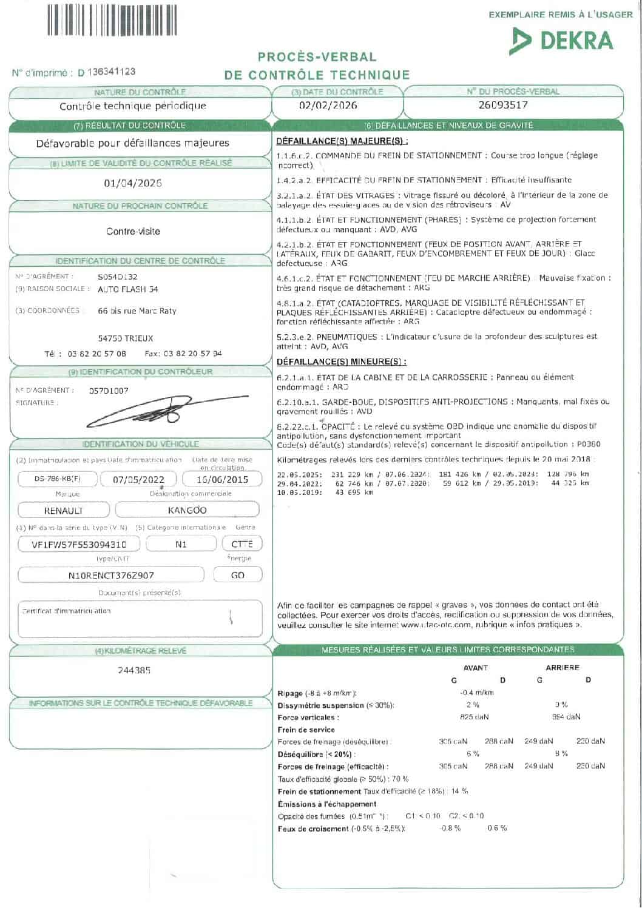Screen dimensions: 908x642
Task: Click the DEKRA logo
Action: [561, 40]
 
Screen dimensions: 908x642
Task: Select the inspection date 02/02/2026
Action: [328, 105]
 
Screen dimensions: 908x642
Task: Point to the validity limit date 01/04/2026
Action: [133, 183]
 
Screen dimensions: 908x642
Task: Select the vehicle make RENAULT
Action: [64, 511]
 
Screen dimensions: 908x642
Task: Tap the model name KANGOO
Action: [187, 510]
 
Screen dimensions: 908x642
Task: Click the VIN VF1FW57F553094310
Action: [79, 544]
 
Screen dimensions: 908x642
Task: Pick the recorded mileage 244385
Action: [134, 670]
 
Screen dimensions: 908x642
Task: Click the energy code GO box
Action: [238, 575]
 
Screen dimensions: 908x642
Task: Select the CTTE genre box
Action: [242, 544]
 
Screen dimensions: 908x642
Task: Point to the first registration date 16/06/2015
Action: [223, 479]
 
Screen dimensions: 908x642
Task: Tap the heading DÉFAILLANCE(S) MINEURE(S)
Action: [341, 362]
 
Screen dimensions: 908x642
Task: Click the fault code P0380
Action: [589, 445]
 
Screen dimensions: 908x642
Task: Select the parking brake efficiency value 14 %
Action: [459, 791]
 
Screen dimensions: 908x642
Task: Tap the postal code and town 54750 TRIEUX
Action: [126, 338]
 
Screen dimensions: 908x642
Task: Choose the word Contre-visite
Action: [133, 231]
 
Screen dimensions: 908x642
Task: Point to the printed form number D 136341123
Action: [107, 72]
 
